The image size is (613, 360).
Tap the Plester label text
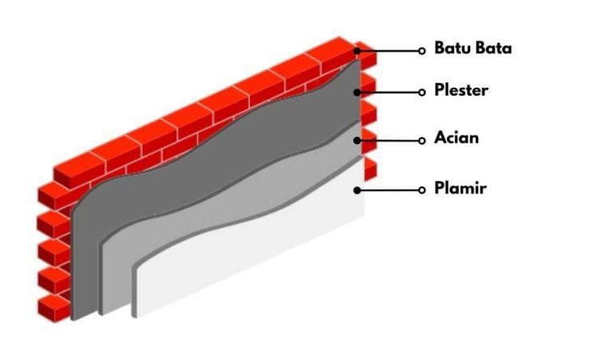tap(461, 90)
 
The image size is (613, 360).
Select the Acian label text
tap(457, 138)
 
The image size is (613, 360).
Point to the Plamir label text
tap(461, 188)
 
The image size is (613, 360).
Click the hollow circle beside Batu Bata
tap(421, 51)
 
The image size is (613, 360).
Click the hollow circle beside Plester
tap(421, 93)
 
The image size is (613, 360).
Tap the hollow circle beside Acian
tap(421, 140)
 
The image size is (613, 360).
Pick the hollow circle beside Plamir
tap(421, 190)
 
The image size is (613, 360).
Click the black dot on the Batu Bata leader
tap(358, 51)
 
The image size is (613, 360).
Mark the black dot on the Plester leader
tap(358, 93)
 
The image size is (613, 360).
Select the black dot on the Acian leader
tap(358, 140)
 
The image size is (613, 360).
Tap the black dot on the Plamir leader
tap(358, 190)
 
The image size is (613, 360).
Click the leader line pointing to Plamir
tap(390, 190)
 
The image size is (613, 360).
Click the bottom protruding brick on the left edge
tap(53, 308)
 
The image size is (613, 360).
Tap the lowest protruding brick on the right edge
tap(370, 169)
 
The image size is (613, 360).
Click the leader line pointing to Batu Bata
tap(390, 51)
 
